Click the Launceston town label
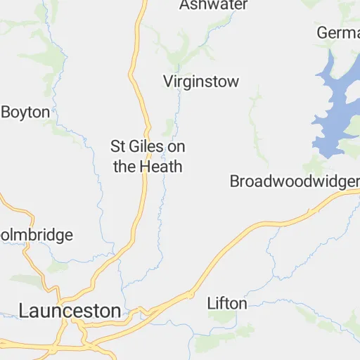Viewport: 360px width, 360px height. click(x=70, y=310)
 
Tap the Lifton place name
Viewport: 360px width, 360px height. click(x=227, y=304)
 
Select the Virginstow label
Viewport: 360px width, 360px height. click(x=201, y=82)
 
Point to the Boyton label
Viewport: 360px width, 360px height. click(x=26, y=112)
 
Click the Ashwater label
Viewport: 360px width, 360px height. click(x=213, y=6)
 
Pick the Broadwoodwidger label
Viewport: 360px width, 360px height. click(x=294, y=181)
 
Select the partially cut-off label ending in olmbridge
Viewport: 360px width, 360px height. click(x=37, y=235)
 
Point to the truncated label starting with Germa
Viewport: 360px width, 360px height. click(x=337, y=33)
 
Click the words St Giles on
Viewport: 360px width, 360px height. click(x=148, y=147)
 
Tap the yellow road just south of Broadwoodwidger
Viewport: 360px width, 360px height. click(x=309, y=212)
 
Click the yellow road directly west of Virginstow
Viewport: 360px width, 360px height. click(x=135, y=82)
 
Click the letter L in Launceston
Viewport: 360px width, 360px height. click(x=25, y=310)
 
